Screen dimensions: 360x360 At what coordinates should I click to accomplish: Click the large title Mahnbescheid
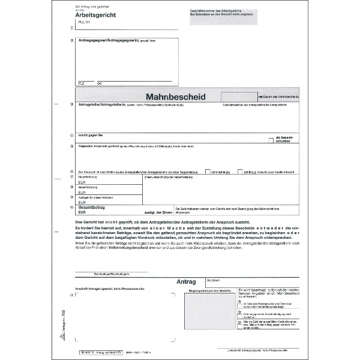[176, 96]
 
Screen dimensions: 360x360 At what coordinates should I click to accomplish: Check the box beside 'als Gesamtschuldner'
[272, 139]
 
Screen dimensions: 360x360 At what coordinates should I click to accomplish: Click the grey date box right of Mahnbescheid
[236, 96]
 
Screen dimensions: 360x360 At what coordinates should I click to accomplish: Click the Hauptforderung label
[88, 177]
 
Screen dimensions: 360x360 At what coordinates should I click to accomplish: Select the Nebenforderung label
[88, 187]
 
